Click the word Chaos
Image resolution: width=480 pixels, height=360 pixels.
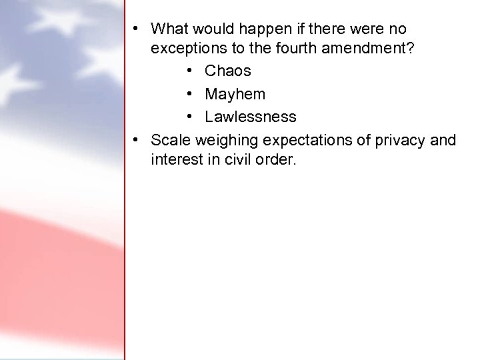(227, 71)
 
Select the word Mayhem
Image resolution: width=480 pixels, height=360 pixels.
(235, 94)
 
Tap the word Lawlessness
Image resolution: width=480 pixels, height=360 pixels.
(250, 117)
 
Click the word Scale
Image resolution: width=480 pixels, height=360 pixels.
(170, 140)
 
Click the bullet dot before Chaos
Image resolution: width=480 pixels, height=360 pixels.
(191, 71)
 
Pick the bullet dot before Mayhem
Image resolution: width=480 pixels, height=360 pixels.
(191, 95)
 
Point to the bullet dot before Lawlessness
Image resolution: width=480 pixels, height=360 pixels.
(191, 117)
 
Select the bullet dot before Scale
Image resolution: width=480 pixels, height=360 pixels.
(135, 141)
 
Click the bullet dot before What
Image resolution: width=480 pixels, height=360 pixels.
(135, 29)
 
